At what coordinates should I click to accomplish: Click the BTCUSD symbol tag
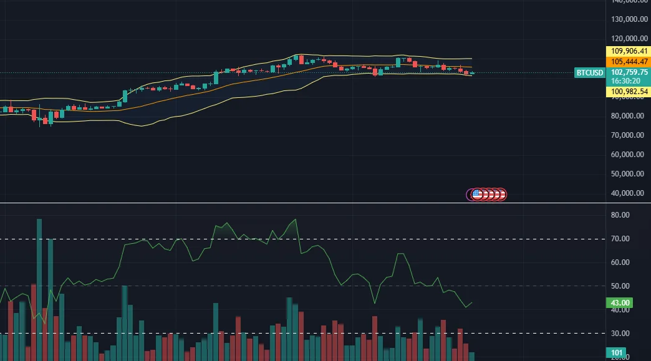[x=590, y=73]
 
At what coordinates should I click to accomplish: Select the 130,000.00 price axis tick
[x=627, y=19]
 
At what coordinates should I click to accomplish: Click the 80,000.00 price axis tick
[x=627, y=116]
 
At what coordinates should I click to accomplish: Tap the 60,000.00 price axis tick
[x=627, y=155]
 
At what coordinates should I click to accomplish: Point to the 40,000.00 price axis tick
[x=627, y=193]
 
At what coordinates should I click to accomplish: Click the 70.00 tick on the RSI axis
[x=620, y=239]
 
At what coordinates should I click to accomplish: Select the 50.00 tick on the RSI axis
[x=620, y=286]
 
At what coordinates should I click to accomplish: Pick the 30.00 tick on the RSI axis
[x=620, y=334]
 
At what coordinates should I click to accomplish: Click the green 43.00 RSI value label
[x=620, y=303]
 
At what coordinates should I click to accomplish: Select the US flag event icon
[x=478, y=195]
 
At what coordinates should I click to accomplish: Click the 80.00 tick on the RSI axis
[x=620, y=215]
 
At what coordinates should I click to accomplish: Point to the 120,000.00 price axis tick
[x=627, y=39]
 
